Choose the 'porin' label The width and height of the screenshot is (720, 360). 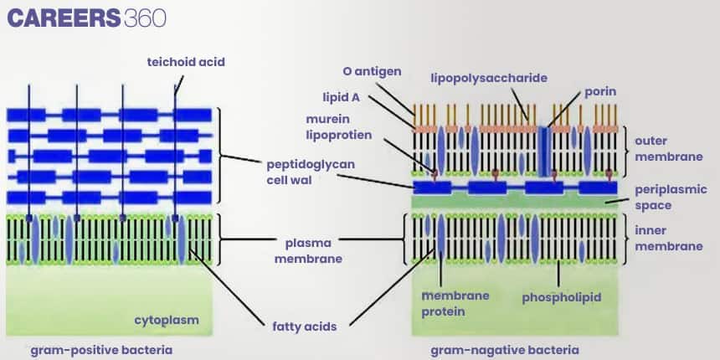click(x=599, y=90)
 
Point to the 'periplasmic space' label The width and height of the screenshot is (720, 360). click(x=671, y=197)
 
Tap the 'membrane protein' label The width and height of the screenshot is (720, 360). click(x=455, y=303)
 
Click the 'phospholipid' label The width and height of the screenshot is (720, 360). click(x=561, y=297)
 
